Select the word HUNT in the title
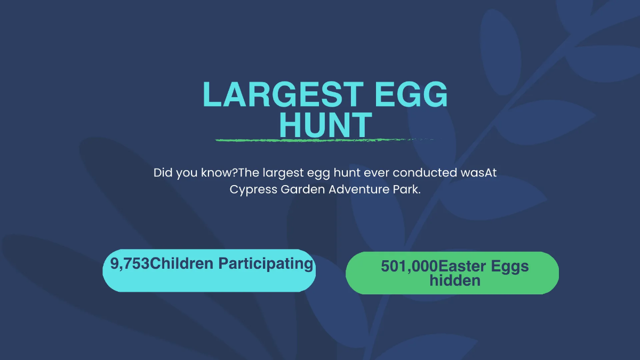tap(325, 125)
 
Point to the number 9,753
tap(130, 263)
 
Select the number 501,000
tap(409, 267)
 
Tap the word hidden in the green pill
tap(455, 280)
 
